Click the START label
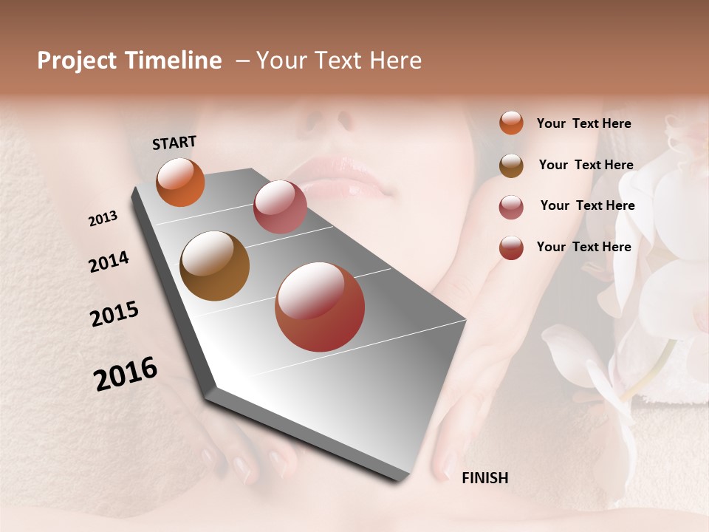coord(174,143)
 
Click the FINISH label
coord(485,478)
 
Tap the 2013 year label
coord(103,219)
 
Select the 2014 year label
coord(109,262)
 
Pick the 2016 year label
coord(126,374)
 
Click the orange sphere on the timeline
coord(180,183)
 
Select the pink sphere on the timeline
coord(280,207)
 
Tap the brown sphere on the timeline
coord(215,266)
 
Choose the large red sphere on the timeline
coord(320,307)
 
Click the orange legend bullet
coord(511,123)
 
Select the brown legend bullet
coord(511,165)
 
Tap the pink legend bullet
coord(511,206)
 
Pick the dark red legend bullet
coord(511,248)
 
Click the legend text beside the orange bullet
coord(584,123)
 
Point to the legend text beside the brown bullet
coord(586,165)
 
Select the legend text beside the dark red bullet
coord(584,247)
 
